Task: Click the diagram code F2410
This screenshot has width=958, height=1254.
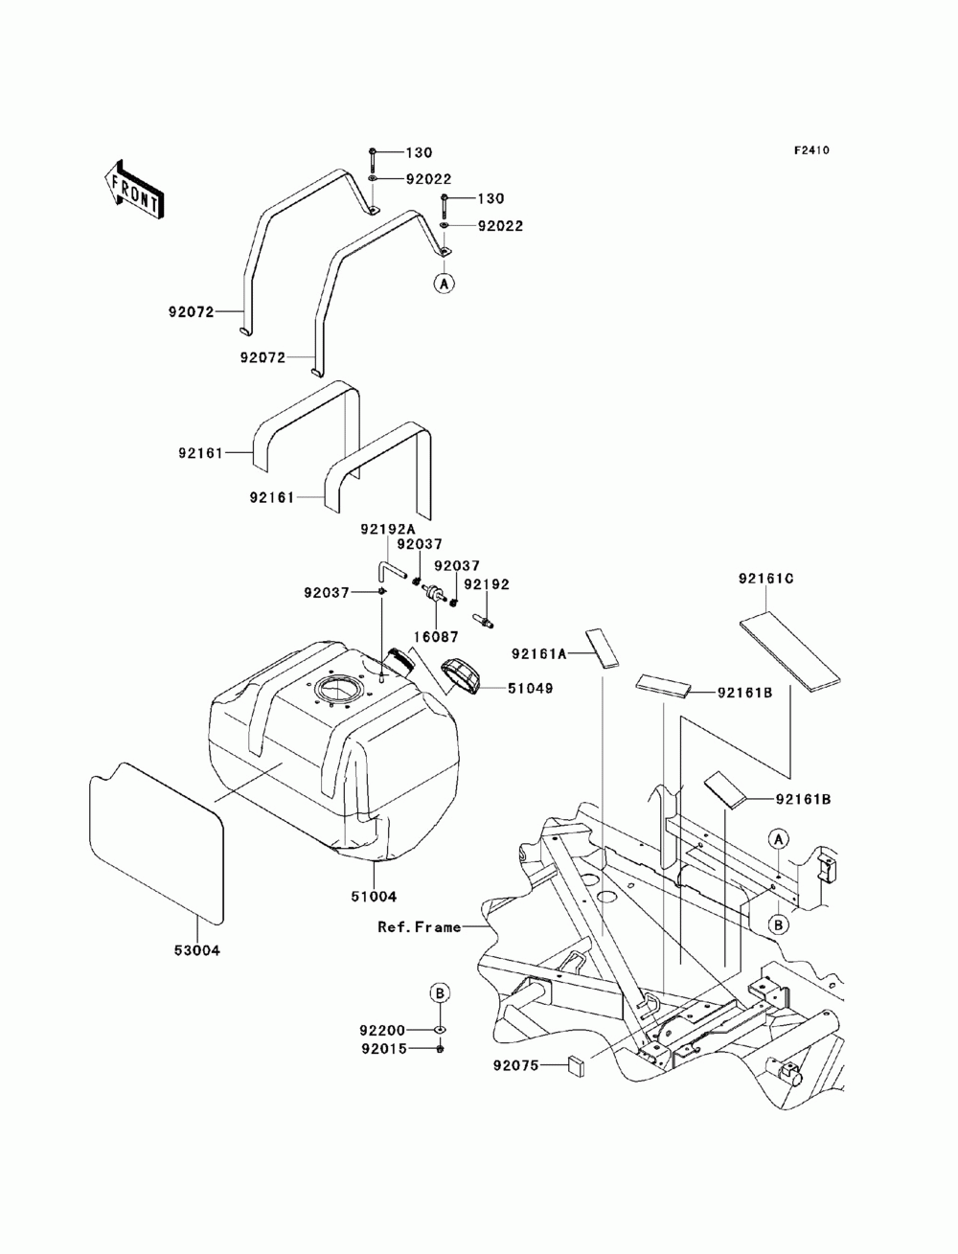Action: [810, 150]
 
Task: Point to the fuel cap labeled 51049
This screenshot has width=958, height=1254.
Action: [462, 675]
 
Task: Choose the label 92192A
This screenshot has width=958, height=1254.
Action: [388, 528]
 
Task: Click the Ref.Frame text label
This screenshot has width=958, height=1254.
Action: [419, 927]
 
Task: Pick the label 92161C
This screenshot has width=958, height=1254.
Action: [767, 579]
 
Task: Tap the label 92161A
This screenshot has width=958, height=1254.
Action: [539, 653]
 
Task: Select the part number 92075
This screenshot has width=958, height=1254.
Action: [516, 1064]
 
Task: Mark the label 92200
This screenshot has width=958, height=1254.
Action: [383, 1030]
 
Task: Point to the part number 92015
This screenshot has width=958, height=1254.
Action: [383, 1049]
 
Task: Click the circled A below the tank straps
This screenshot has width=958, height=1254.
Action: [443, 284]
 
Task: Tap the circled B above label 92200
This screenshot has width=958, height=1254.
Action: [439, 993]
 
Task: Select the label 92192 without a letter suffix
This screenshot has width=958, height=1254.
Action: [487, 584]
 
